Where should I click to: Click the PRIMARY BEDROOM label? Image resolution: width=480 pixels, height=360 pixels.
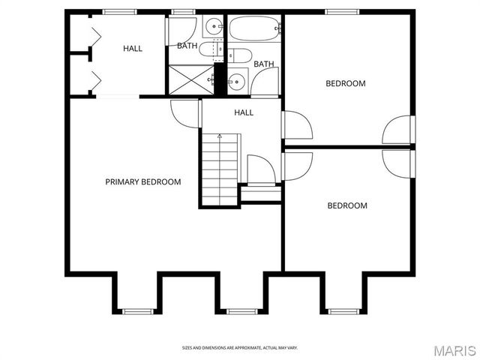[x=142, y=181]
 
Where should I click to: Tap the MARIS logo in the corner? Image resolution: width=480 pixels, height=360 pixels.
[x=454, y=349]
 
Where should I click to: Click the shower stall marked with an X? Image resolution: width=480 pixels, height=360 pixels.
[x=191, y=79]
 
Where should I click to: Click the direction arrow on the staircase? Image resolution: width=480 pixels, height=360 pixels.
[x=220, y=137]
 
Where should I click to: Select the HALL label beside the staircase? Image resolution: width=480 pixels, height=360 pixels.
[x=243, y=112]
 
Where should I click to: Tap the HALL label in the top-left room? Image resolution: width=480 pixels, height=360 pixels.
[x=133, y=49]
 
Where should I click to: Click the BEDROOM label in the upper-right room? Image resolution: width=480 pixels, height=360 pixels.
[x=345, y=83]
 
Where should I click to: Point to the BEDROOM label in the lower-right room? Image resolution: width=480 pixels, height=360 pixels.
[x=346, y=205]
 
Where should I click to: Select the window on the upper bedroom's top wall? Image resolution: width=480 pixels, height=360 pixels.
[x=340, y=11]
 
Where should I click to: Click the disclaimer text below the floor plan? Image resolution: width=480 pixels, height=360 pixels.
[x=239, y=347]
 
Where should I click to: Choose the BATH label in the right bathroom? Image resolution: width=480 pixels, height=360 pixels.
[x=263, y=64]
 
